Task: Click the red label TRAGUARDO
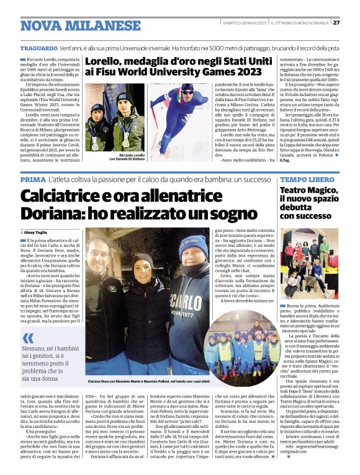point(38,47)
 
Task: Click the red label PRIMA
point(32,179)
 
